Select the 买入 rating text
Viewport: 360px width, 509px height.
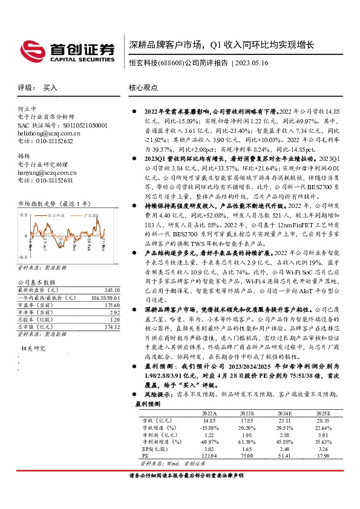tap(50, 88)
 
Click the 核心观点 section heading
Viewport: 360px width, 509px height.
tap(143, 88)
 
